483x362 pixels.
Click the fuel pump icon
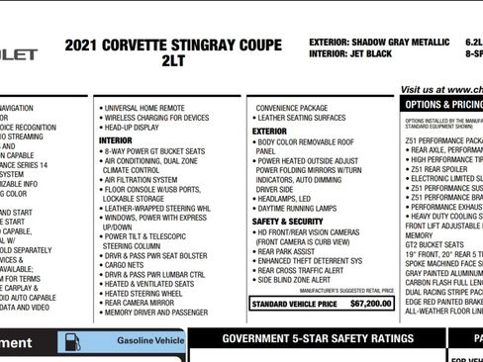pyautogui.click(x=72, y=342)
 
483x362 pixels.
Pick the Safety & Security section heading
pyautogui.click(x=287, y=222)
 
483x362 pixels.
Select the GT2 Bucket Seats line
pyautogui.click(x=433, y=244)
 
